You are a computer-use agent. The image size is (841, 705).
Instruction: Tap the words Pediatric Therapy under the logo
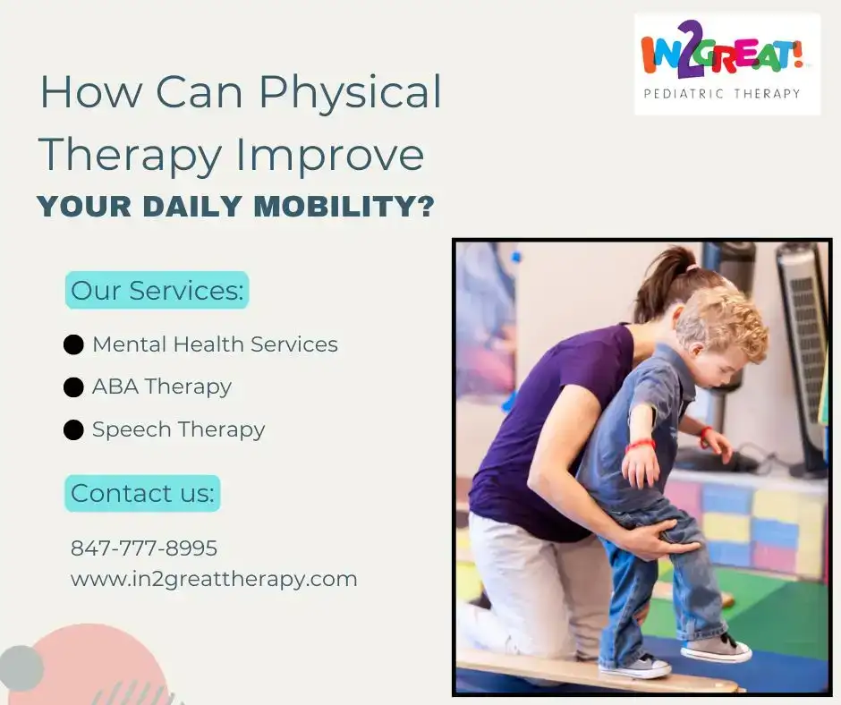[x=722, y=94]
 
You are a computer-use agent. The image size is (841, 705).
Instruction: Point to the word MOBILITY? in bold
[x=344, y=206]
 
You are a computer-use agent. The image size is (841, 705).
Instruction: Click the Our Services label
[x=157, y=290]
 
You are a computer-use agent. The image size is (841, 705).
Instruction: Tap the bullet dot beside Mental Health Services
[x=73, y=344]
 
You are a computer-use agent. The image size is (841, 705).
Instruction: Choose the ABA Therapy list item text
[x=162, y=386]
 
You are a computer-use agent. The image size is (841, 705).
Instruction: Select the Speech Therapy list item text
[x=179, y=429]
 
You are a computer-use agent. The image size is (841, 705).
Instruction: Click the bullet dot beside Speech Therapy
[x=73, y=429]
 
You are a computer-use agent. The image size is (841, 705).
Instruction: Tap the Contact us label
[x=142, y=493]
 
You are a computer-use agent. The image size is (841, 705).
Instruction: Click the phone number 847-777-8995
[x=144, y=548]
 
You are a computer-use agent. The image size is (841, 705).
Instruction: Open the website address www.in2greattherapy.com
[x=214, y=580]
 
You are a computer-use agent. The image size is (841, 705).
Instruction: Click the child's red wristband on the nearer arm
[x=641, y=445]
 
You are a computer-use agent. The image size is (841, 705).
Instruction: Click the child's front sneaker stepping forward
[x=717, y=648]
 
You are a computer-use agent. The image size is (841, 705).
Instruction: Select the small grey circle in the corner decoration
[x=21, y=669]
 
